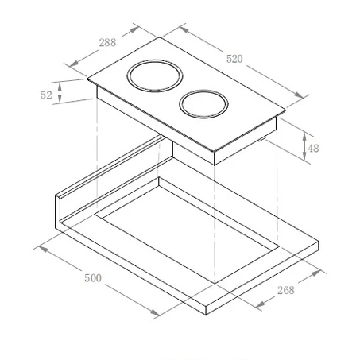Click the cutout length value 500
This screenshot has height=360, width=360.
click(x=93, y=280)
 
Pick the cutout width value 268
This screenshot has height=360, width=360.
click(x=285, y=290)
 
